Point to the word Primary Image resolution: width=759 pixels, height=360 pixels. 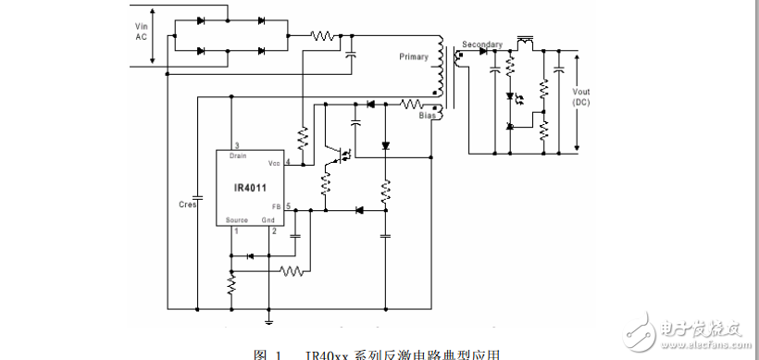point(414,57)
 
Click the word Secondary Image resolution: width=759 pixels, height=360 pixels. point(482,44)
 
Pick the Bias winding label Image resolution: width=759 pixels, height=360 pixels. point(427,117)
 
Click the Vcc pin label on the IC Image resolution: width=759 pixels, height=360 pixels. point(275,162)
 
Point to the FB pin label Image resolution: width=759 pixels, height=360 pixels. point(276,205)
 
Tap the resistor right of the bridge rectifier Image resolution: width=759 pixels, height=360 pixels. point(323,36)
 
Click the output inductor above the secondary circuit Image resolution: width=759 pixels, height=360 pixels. point(526,41)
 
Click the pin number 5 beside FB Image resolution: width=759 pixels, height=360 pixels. point(289,205)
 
